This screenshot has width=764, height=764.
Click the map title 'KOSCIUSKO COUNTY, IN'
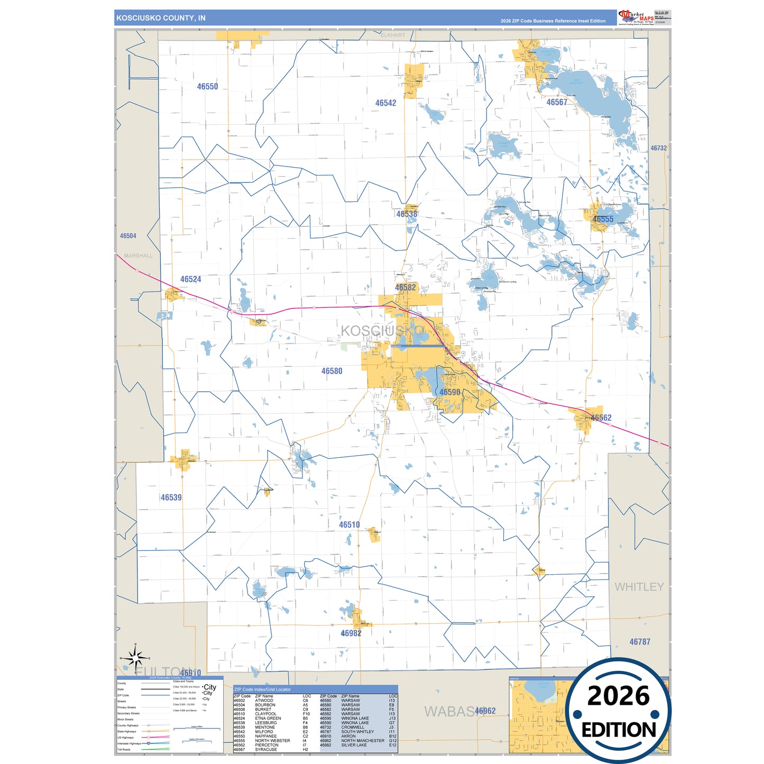(x=161, y=18)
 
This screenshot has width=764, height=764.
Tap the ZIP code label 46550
(x=207, y=87)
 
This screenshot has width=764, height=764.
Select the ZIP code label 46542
(x=385, y=103)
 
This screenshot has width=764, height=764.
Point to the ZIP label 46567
(x=557, y=102)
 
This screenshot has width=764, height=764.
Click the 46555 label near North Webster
(x=603, y=219)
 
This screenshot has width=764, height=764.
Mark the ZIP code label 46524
(x=190, y=279)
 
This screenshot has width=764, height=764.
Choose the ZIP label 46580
(x=332, y=371)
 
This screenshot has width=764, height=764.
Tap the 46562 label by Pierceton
(x=601, y=418)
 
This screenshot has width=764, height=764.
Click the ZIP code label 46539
(x=171, y=498)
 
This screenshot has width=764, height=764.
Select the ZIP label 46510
(x=349, y=525)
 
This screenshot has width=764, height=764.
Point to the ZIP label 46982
(x=351, y=633)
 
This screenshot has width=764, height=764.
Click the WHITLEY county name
(x=639, y=587)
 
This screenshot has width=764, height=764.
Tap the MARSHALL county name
(x=138, y=256)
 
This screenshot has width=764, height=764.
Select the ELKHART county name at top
(x=393, y=35)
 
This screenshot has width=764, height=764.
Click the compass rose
(x=135, y=658)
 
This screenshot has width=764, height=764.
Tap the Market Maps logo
(x=636, y=17)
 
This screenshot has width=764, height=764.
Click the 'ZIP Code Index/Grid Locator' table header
(x=262, y=689)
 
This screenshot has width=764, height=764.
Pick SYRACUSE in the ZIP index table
(x=265, y=750)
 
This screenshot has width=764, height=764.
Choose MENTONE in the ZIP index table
(x=264, y=728)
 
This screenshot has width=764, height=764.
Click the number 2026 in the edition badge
(x=618, y=696)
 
